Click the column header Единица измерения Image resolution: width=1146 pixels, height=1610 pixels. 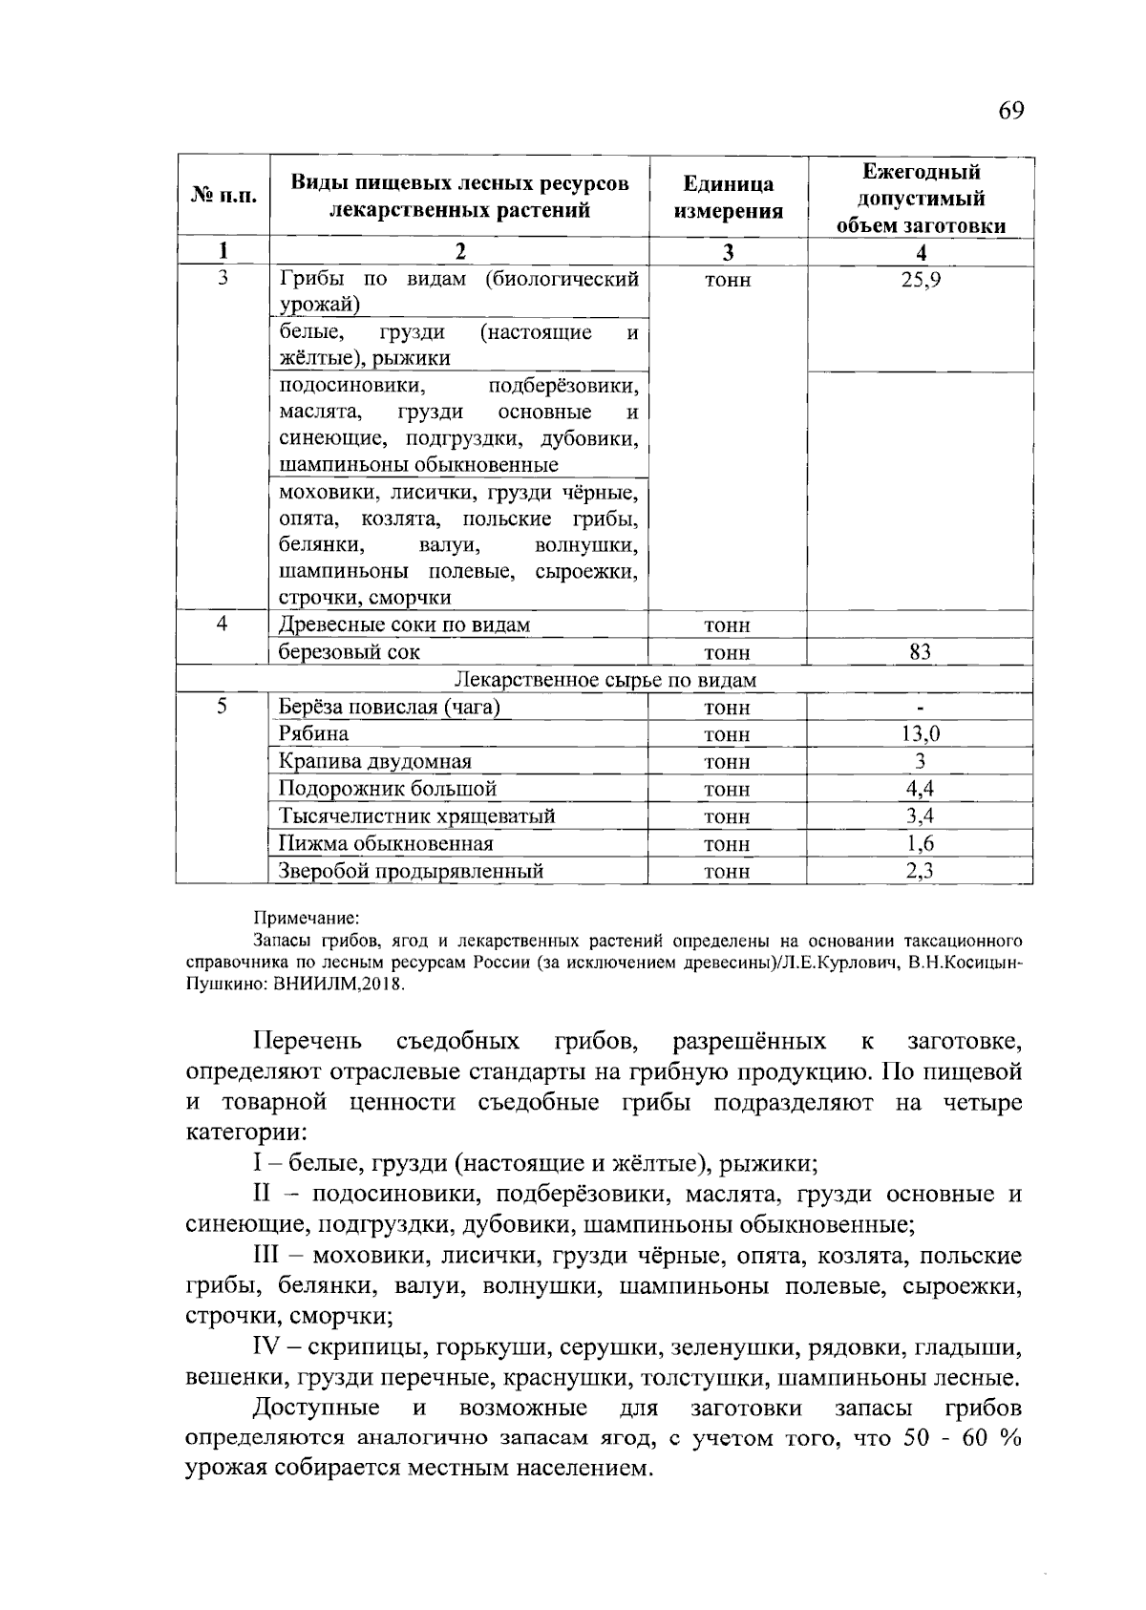[728, 198]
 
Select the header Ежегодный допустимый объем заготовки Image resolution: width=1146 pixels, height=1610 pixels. [921, 199]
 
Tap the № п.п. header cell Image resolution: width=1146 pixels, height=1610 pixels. [223, 197]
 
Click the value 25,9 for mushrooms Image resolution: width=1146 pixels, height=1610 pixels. [921, 280]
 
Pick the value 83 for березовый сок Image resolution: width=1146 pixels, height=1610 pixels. [921, 652]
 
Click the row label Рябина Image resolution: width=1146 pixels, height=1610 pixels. [313, 733]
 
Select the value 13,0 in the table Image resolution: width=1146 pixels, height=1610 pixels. [921, 733]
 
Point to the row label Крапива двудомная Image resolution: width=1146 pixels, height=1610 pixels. [374, 761]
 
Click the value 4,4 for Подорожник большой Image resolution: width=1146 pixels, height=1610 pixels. [921, 788]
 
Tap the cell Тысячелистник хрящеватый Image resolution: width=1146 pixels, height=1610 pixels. [416, 816]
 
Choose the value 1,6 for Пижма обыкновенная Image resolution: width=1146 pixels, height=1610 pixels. [921, 843]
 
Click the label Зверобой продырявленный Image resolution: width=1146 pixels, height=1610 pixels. [411, 871]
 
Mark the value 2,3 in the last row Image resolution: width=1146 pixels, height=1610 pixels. [921, 870]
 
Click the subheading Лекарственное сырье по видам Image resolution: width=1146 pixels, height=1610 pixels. [605, 680]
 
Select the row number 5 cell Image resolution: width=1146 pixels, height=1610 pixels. [223, 707]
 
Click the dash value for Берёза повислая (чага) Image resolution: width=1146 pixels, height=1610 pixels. [921, 708]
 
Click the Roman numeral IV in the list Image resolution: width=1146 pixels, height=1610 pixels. [265, 1348]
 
